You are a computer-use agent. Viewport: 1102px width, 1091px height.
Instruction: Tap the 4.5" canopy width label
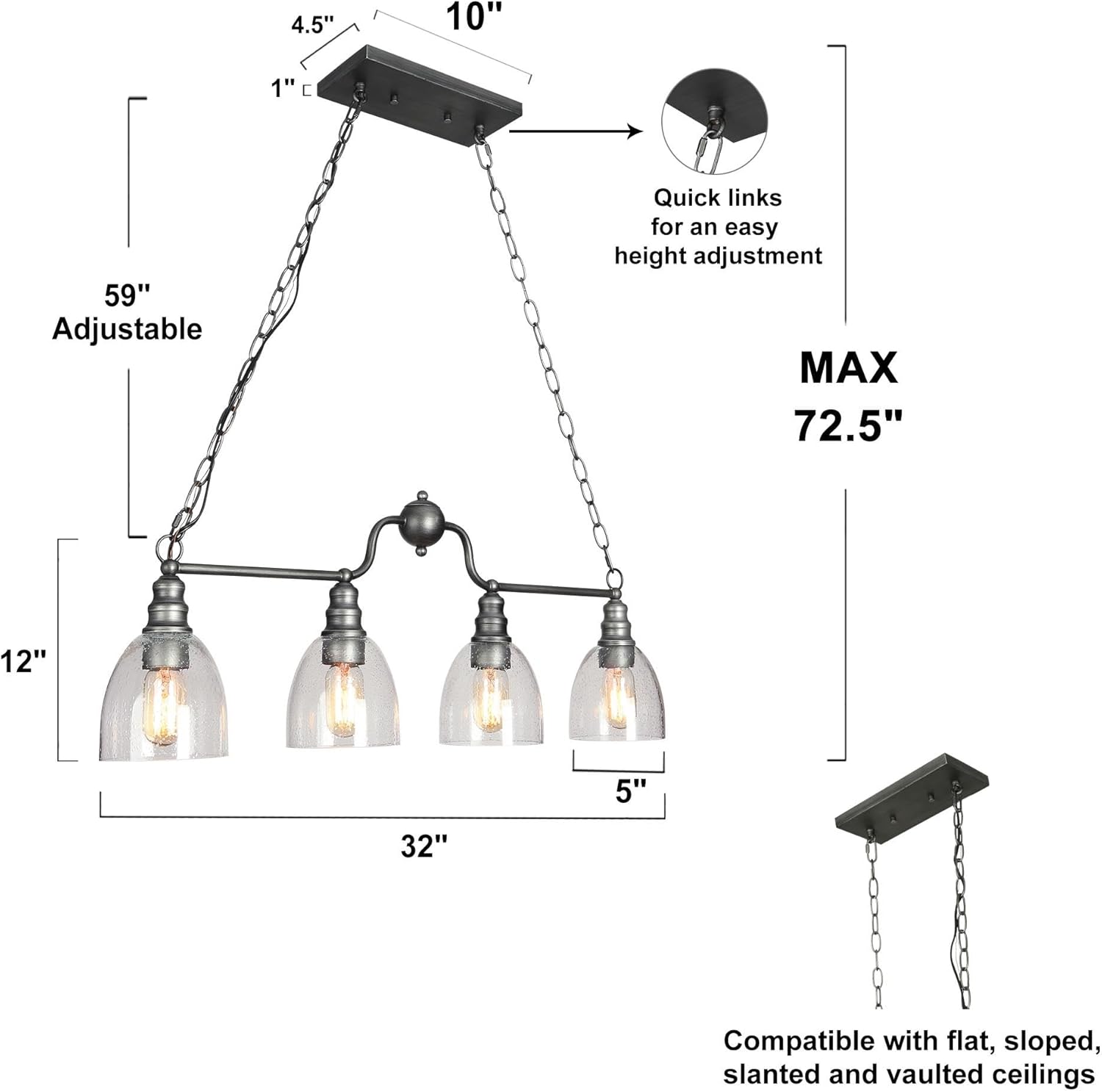(312, 25)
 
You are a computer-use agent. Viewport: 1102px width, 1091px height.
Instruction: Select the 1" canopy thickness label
(283, 88)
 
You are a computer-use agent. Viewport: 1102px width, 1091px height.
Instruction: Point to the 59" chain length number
(127, 295)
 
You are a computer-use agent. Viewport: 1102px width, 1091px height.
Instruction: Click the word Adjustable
(127, 328)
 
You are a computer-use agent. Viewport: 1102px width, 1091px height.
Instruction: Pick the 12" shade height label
(24, 662)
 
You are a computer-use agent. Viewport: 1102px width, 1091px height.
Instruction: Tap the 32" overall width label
(424, 846)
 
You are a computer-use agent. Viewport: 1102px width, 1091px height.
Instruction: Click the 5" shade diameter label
(630, 792)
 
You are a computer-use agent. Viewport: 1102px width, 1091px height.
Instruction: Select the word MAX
(849, 367)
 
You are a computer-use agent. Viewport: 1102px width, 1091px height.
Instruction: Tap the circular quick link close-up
(714, 122)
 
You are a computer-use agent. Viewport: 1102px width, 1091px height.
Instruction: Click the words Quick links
(717, 198)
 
